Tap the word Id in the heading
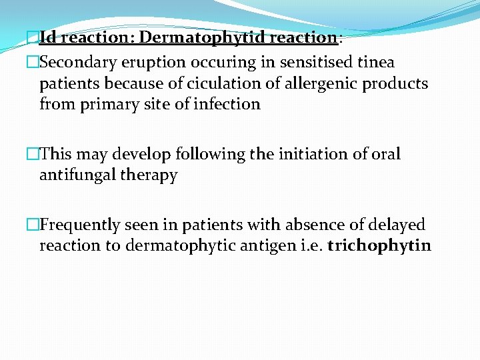pyautogui.click(x=48, y=37)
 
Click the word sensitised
pyautogui.click(x=313, y=63)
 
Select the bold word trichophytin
pyautogui.click(x=379, y=246)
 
